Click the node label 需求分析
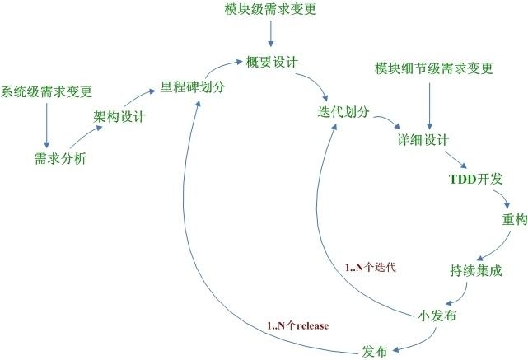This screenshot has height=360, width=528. (61, 158)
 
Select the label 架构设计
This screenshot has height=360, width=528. (119, 117)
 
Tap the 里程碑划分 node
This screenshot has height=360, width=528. (193, 87)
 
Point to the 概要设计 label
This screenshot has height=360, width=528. (272, 63)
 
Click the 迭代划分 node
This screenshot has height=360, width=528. (343, 112)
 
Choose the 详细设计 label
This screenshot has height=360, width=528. (423, 140)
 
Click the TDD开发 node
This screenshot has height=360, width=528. (476, 179)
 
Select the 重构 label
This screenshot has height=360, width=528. (515, 220)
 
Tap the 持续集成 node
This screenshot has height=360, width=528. (476, 270)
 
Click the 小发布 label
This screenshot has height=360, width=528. (437, 316)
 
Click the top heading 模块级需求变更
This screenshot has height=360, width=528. (271, 9)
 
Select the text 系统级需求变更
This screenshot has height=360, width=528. (46, 91)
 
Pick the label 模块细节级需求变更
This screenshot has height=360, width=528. (434, 68)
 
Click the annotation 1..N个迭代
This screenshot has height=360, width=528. (371, 268)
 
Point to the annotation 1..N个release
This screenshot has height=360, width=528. (298, 325)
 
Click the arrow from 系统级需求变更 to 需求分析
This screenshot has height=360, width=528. (47, 125)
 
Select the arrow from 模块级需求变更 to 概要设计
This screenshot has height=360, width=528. (271, 34)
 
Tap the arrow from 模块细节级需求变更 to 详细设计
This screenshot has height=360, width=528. (429, 106)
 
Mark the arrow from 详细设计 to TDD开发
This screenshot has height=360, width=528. (456, 160)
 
